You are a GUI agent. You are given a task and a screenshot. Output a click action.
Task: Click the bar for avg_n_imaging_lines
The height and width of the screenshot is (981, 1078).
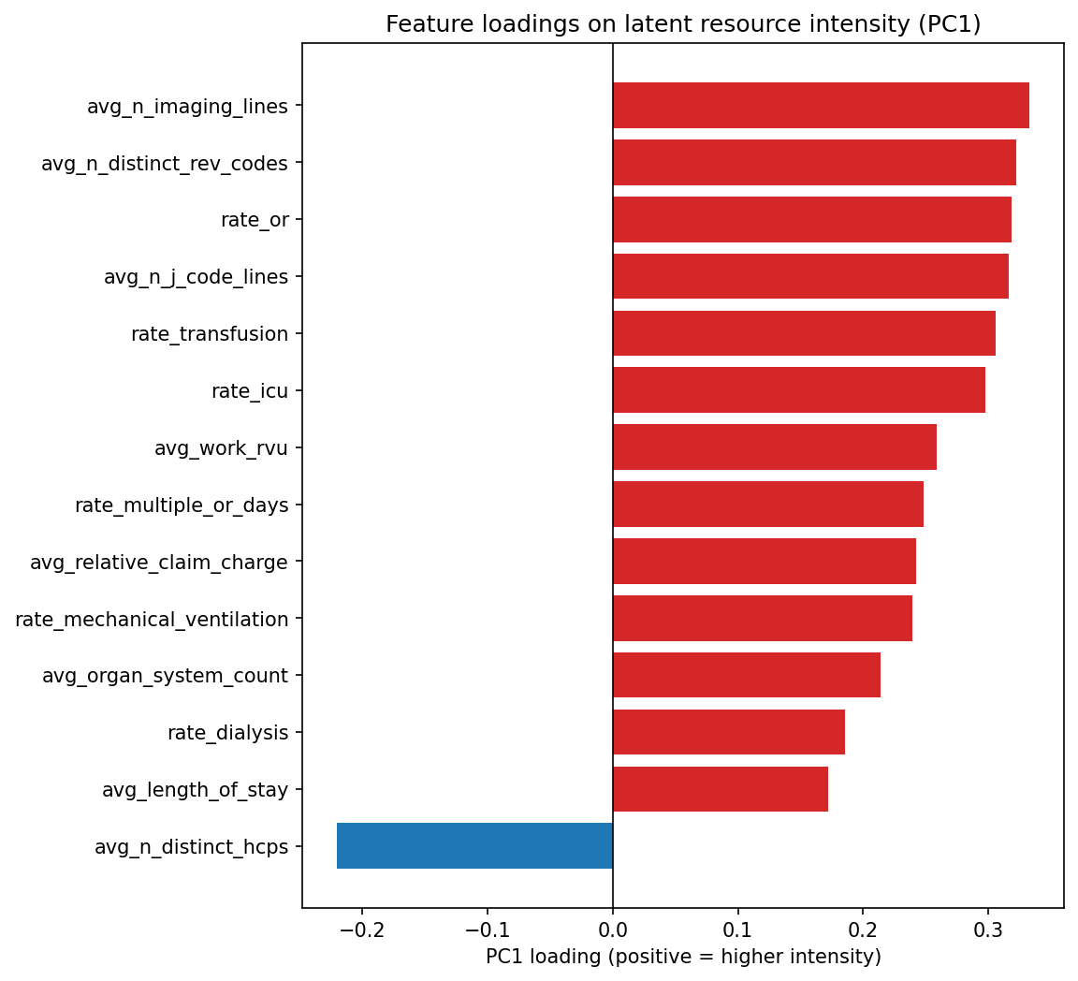(x=821, y=106)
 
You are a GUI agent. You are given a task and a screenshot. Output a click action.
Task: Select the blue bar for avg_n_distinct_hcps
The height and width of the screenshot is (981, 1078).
(x=474, y=846)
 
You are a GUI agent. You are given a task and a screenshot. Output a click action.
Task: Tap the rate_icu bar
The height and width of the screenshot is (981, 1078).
(x=798, y=390)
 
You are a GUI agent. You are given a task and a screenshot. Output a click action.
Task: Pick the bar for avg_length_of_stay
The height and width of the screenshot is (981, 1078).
(x=720, y=789)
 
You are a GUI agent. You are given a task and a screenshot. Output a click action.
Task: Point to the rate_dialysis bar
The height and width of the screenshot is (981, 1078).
(x=728, y=732)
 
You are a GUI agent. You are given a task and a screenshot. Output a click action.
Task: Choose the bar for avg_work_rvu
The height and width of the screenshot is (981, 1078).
(x=774, y=447)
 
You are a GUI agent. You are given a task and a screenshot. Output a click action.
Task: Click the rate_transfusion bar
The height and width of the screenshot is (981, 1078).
(x=804, y=333)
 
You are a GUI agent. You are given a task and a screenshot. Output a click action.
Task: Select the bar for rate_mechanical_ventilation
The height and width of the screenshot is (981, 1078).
(x=762, y=619)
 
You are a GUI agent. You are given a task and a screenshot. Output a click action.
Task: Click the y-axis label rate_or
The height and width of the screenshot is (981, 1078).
(x=255, y=220)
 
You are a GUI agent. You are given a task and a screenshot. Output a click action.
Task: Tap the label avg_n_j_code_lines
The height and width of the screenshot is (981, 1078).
(x=196, y=277)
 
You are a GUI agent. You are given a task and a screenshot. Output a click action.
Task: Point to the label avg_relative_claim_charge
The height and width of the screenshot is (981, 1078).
(x=158, y=563)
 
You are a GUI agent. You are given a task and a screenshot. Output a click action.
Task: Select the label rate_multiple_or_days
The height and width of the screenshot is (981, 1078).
(x=182, y=505)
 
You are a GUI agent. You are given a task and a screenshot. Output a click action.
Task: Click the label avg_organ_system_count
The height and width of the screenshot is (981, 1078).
(x=165, y=676)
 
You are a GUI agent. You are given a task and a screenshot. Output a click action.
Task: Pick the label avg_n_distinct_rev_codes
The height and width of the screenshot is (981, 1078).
(x=164, y=164)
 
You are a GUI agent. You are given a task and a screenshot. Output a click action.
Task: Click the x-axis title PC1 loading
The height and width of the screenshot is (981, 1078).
(x=683, y=957)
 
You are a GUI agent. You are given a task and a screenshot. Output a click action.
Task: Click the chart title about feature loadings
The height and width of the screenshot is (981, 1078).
(x=683, y=24)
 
